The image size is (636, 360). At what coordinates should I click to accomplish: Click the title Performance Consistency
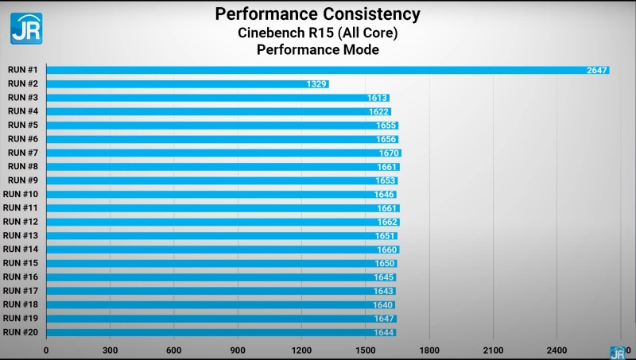318,14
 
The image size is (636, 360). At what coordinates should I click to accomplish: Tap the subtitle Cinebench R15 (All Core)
318,33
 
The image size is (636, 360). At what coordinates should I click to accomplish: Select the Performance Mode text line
318,50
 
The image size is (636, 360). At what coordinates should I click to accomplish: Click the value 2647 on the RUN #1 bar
597,70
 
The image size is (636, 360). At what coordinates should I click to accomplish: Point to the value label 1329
317,83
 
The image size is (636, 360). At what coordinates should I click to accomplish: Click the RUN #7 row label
23,153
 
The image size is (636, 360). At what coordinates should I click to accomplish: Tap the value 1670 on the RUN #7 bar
389,153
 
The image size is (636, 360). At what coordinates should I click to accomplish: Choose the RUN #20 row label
21,332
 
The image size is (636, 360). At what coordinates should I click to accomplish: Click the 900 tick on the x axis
238,350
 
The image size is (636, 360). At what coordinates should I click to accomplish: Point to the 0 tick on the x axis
46,350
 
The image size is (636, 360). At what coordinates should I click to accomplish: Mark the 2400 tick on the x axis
557,350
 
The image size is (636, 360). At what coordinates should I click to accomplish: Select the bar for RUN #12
223,222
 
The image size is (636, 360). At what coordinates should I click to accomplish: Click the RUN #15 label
21,263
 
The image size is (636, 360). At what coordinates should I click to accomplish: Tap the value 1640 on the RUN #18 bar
383,304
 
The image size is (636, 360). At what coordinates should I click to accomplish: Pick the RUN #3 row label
23,97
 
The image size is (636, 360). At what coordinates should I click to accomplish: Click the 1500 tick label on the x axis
366,350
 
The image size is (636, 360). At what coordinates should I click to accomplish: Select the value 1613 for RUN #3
378,98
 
